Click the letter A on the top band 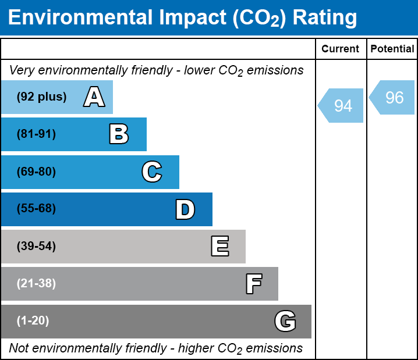coord(94,97)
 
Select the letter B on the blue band coord(119,134)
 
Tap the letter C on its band coord(152,172)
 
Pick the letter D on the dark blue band coord(185,209)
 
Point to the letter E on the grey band coord(219,247)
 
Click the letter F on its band coord(253,284)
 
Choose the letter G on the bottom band coord(285,321)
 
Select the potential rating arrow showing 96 coord(393,97)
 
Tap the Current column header coord(341,49)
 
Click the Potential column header coord(392,49)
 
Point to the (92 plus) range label coord(41,97)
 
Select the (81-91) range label coord(36,134)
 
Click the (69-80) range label coord(36,172)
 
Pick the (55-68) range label coord(36,209)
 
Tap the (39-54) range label coord(36,247)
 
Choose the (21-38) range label coord(36,284)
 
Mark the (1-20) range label coord(33,321)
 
